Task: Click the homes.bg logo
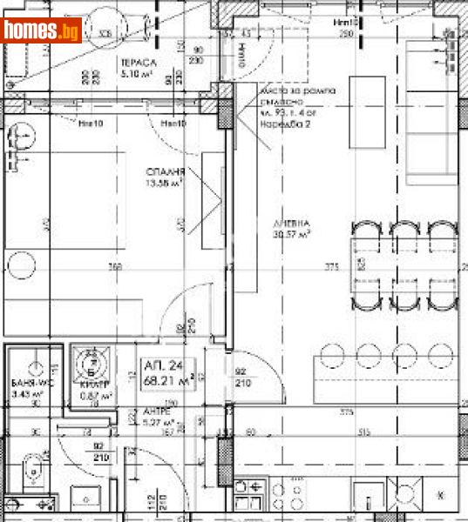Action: pyautogui.click(x=42, y=30)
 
